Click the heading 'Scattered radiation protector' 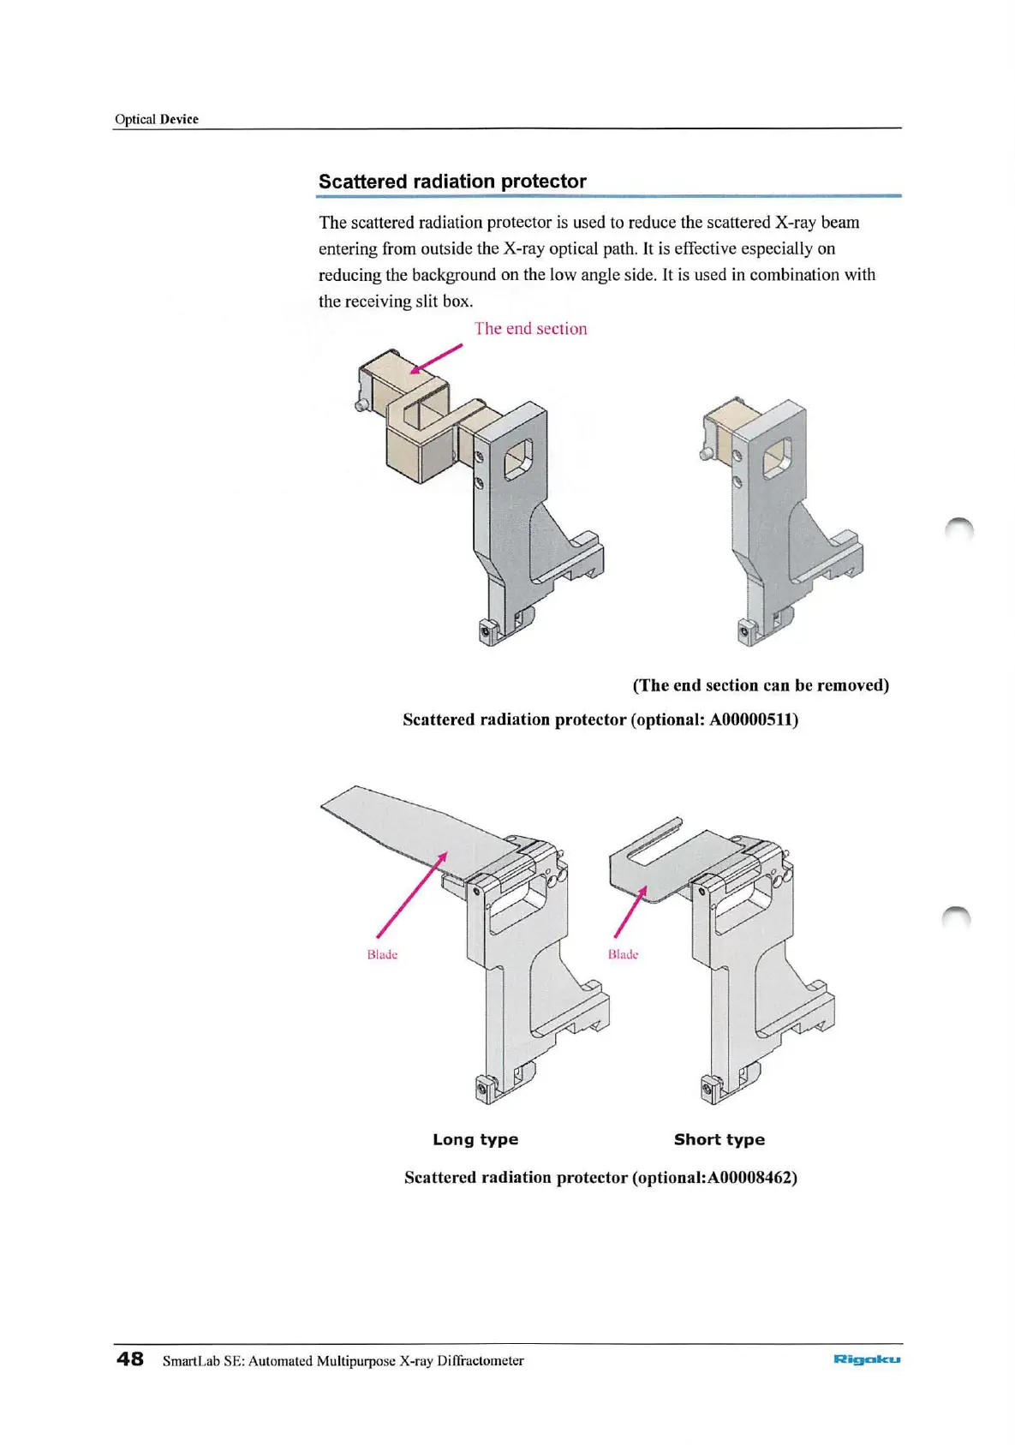click(x=452, y=182)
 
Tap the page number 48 click(x=130, y=1358)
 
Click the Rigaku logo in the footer click(x=866, y=1358)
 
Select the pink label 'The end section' click(x=530, y=329)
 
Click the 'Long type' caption click(x=475, y=1139)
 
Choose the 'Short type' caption click(x=719, y=1139)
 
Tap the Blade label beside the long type click(x=382, y=954)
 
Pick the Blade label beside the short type click(x=623, y=954)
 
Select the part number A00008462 click(x=751, y=1177)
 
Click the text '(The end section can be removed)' click(x=761, y=685)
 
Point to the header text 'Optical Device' click(x=157, y=119)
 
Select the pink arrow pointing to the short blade click(x=630, y=911)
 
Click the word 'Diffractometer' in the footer click(x=481, y=1360)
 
